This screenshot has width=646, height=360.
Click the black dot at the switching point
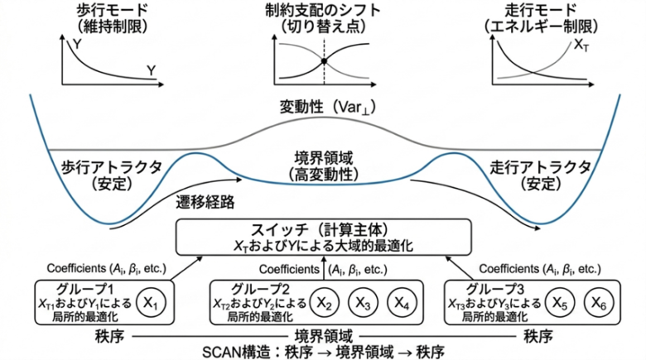(324, 61)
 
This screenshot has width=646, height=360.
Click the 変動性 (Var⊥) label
(323, 108)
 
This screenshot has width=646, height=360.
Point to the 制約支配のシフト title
(323, 12)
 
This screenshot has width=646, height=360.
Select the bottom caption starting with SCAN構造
(323, 350)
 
